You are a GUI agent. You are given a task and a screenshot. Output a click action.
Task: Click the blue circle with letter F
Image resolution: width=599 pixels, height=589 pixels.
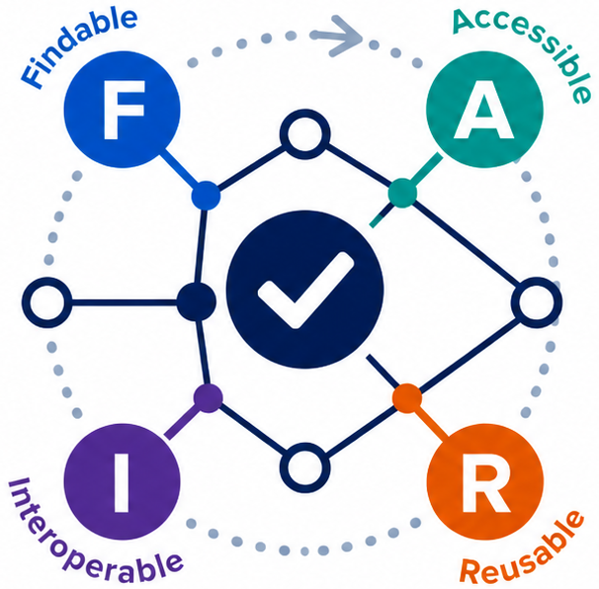[122, 110]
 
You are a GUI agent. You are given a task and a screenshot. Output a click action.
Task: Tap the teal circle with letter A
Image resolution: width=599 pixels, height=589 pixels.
[484, 110]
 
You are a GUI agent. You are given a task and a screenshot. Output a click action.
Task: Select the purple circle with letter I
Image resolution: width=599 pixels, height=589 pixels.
[122, 481]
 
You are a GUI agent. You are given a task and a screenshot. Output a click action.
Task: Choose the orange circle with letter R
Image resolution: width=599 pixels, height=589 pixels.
[484, 481]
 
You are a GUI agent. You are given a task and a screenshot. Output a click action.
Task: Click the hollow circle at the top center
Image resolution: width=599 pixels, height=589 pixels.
[304, 134]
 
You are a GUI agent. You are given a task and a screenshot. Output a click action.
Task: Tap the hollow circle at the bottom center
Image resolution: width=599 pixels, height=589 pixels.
[304, 467]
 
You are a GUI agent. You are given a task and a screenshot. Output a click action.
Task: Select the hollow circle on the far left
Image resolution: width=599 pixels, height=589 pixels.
[46, 302]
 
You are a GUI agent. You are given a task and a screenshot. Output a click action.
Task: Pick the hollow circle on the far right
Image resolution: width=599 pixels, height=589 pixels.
[536, 302]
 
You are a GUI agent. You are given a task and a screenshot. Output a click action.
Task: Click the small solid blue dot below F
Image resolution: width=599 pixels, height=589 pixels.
[206, 196]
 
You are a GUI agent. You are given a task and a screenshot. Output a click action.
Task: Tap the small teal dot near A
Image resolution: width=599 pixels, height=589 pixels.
[402, 193]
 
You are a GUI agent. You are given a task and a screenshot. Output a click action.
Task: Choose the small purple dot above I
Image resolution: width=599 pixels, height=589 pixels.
[209, 398]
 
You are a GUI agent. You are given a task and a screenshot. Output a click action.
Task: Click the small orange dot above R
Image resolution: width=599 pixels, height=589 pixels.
[407, 398]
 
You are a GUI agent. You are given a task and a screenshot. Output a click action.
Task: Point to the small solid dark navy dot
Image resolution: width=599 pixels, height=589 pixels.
[197, 302]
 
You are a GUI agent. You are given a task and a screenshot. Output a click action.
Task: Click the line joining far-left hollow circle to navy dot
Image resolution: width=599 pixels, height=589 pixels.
[125, 303]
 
